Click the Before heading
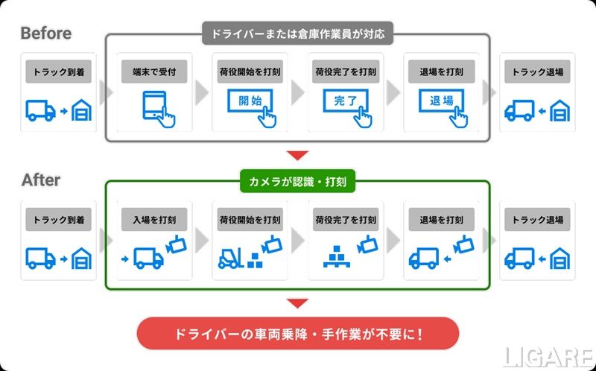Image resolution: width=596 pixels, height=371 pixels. [x=46, y=34]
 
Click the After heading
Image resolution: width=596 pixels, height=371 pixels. [x=41, y=180]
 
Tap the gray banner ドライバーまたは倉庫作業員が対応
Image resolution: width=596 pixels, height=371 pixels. [x=297, y=34]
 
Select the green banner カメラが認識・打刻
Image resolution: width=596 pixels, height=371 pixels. [x=297, y=180]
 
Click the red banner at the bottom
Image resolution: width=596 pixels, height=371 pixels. [x=297, y=333]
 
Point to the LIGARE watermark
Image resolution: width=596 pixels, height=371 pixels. [x=548, y=357]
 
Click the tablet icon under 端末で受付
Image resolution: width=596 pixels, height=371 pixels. [x=154, y=107]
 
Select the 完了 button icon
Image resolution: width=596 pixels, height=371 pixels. [x=346, y=102]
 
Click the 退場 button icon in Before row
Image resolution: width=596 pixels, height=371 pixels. [x=442, y=102]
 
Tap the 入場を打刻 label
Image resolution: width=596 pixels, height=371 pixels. [x=154, y=220]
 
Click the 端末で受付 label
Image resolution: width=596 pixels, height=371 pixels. [x=154, y=72]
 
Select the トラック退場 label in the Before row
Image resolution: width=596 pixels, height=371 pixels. [x=537, y=72]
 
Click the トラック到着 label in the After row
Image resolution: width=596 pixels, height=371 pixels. [x=58, y=220]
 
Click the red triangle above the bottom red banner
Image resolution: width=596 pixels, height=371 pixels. [x=297, y=303]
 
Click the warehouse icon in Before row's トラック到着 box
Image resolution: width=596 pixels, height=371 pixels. [x=81, y=111]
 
